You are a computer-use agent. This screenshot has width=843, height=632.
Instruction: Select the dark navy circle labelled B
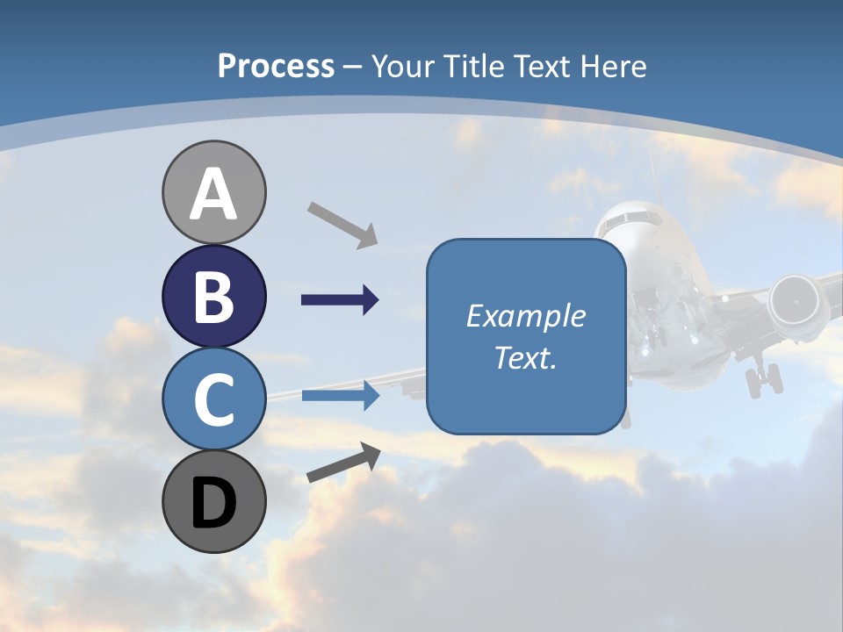[x=213, y=296]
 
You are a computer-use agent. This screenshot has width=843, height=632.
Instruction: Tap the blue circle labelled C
[x=213, y=399]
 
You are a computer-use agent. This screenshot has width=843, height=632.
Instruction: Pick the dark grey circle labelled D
[x=213, y=501]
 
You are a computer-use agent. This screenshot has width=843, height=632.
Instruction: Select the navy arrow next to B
[x=340, y=300]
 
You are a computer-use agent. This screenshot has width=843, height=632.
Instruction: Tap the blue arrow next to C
[x=340, y=396]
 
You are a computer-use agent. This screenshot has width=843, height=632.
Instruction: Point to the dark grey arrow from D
[x=343, y=463]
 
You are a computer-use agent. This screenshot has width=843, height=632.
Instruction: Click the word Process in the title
[x=276, y=66]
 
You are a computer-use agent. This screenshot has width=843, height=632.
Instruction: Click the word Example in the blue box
[x=525, y=316]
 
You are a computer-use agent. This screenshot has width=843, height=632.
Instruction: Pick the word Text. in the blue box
[x=525, y=358]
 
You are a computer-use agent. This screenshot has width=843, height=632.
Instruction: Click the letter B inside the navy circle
[x=213, y=296]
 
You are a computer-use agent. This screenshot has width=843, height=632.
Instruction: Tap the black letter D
[x=213, y=502]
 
